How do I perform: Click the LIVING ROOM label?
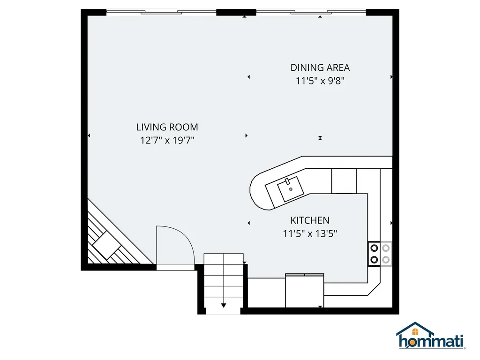(167, 127)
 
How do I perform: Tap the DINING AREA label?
(320, 67)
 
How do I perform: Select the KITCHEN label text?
(310, 220)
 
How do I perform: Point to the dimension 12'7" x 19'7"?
(167, 140)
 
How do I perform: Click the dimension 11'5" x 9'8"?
(320, 81)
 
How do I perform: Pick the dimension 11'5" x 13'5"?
(310, 233)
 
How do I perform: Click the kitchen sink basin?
(291, 189)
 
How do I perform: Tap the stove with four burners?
(380, 254)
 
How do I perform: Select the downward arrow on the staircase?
(224, 305)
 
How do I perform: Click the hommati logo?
(431, 336)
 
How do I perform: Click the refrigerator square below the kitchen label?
(305, 291)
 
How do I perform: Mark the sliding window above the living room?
(161, 12)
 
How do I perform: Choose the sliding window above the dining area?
(311, 12)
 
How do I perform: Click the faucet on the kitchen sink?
(287, 181)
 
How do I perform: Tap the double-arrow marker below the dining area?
(320, 138)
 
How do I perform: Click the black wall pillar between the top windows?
(236, 12)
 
